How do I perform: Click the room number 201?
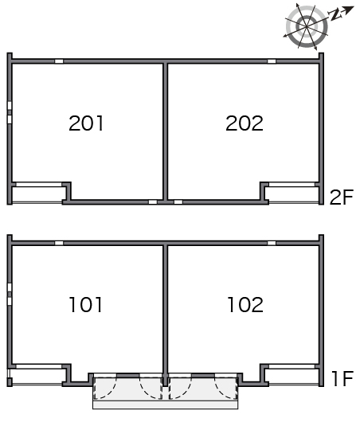pyautogui.click(x=86, y=123)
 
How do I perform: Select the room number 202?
pyautogui.click(x=245, y=123)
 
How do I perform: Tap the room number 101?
pyautogui.click(x=86, y=305)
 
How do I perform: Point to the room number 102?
pyautogui.click(x=245, y=305)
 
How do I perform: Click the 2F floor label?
pyautogui.click(x=342, y=197)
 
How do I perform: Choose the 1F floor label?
pyautogui.click(x=342, y=379)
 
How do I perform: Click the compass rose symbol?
pyautogui.click(x=307, y=26)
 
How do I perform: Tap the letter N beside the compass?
pyautogui.click(x=335, y=15)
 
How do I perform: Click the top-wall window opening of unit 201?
pyautogui.click(x=59, y=61)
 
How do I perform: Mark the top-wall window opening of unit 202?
pyautogui.click(x=272, y=61)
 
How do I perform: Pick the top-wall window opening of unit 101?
pyautogui.click(x=59, y=243)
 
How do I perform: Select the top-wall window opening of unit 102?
pyautogui.click(x=272, y=243)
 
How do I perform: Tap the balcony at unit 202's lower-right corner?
pyautogui.click(x=292, y=193)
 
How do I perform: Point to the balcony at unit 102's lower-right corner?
pyautogui.click(x=292, y=376)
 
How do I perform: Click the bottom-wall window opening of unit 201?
pyautogui.click(x=153, y=202)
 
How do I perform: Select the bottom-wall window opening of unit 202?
pyautogui.click(x=178, y=202)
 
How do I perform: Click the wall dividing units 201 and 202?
pyautogui.click(x=166, y=131)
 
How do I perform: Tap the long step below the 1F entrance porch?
pyautogui.click(x=166, y=404)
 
